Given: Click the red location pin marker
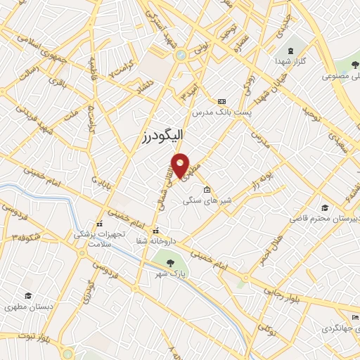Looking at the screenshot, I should tap(181, 165).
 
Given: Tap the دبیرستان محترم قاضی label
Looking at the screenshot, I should tap(325, 219).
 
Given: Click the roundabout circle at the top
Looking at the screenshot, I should tap(181, 54).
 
